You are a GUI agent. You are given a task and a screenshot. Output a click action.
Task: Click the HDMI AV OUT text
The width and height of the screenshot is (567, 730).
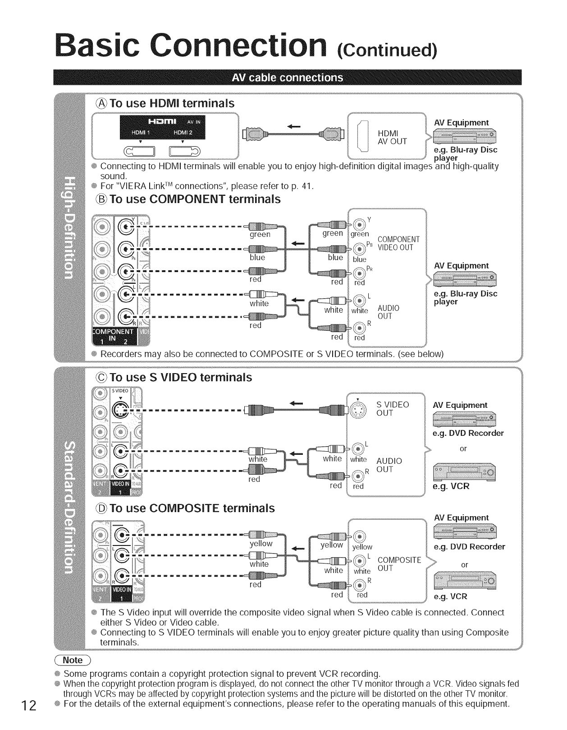[392, 137]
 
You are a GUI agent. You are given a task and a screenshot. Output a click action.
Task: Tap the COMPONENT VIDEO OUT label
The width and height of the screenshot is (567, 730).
[398, 243]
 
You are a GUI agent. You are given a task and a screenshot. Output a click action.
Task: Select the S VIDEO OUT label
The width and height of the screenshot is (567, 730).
[393, 409]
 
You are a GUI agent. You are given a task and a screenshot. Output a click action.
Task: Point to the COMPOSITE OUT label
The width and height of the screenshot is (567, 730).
[399, 564]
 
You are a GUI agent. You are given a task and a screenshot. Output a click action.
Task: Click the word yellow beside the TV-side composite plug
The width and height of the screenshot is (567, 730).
[261, 544]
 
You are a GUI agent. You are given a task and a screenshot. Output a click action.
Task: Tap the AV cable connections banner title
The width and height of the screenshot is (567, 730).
[287, 77]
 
